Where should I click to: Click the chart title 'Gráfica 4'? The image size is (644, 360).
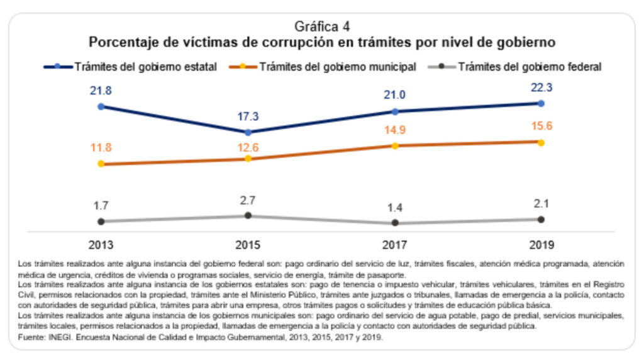click(x=322, y=26)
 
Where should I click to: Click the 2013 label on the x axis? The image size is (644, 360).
click(x=101, y=245)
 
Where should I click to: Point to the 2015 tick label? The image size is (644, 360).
click(x=248, y=245)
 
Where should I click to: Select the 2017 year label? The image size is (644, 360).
click(x=394, y=245)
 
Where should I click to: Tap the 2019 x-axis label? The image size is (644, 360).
click(x=541, y=245)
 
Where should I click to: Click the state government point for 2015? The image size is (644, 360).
click(x=248, y=132)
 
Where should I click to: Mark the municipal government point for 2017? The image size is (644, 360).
click(x=394, y=145)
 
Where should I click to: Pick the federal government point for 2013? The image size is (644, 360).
click(x=101, y=222)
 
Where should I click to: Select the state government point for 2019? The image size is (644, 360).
click(x=541, y=103)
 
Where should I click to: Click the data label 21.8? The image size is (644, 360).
click(x=101, y=91)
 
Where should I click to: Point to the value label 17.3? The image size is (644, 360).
click(x=248, y=117)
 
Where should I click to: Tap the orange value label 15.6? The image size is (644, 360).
click(x=541, y=127)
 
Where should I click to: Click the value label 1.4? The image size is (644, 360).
click(x=394, y=208)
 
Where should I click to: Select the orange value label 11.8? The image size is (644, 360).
click(x=101, y=149)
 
